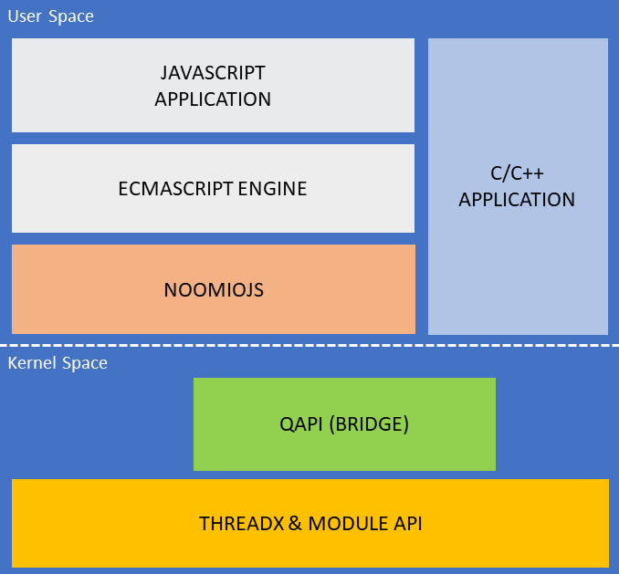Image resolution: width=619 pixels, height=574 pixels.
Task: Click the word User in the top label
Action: tap(25, 16)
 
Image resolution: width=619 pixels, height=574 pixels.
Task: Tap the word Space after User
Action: tap(71, 17)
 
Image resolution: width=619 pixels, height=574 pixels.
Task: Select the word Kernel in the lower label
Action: tap(32, 363)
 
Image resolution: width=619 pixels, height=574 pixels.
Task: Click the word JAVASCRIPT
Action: tap(213, 73)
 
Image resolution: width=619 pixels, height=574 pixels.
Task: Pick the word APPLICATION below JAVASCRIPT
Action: tap(213, 99)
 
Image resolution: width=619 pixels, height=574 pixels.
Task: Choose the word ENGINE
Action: tap(272, 189)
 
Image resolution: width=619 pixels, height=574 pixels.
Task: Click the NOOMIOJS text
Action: tap(214, 290)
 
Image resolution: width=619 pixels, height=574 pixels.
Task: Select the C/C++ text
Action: tap(517, 173)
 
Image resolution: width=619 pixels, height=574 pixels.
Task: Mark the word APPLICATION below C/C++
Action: tap(517, 200)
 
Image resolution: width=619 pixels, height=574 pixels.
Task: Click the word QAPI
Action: tap(301, 424)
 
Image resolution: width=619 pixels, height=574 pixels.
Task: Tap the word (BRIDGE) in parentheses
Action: tap(369, 424)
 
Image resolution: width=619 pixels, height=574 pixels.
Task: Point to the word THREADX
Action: tap(242, 524)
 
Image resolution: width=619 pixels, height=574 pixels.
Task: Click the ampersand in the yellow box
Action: tap(295, 524)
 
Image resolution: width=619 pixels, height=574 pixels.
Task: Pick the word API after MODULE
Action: tap(408, 524)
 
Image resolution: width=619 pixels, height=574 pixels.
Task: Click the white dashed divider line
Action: tap(309, 346)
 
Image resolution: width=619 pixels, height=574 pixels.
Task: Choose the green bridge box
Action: tap(344, 424)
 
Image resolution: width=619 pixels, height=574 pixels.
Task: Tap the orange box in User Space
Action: tap(214, 289)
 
